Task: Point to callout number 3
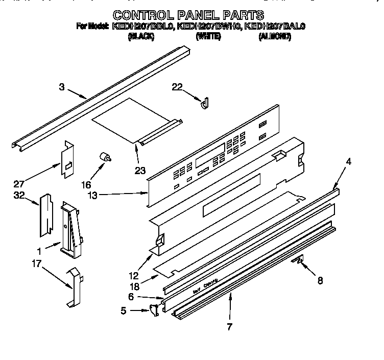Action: tap(62, 87)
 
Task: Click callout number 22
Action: tap(177, 87)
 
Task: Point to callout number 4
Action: tap(348, 162)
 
